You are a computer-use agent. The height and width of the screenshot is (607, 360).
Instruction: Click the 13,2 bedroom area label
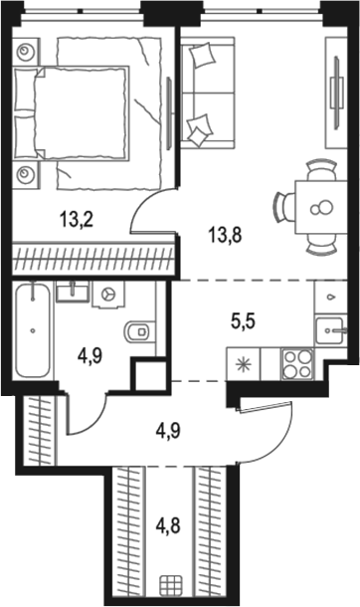coord(76,220)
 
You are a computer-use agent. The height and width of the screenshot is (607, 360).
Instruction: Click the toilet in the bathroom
coord(138,328)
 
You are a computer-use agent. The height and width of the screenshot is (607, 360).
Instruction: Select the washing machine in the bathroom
coord(109,295)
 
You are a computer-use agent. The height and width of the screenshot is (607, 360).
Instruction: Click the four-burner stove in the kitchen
coord(297,360)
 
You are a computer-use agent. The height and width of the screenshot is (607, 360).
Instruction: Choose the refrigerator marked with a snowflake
coord(244,360)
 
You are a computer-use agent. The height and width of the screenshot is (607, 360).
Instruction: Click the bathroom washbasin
coord(70,292)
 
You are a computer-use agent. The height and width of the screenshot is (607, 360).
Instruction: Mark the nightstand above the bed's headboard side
coord(27,49)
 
